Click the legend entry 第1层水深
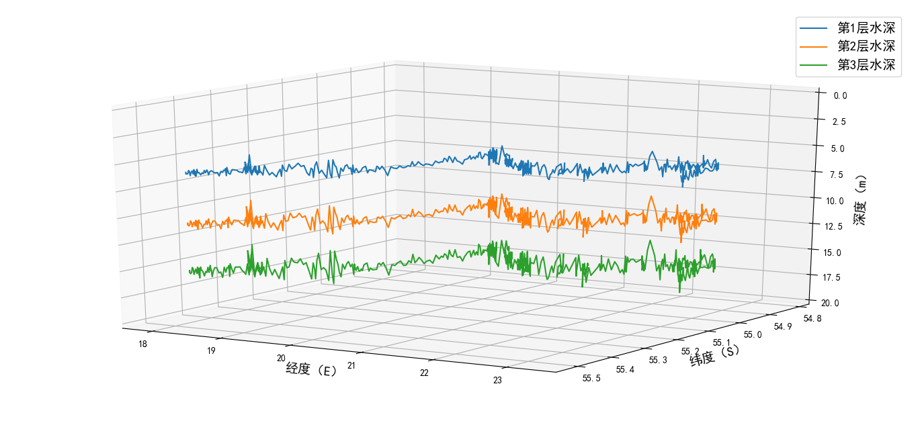866,28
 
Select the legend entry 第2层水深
866,46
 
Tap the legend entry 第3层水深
866,65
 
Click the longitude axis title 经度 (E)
311,369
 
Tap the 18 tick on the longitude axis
143,344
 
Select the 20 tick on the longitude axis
281,359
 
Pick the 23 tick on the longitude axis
498,381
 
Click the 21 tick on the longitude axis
352,365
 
